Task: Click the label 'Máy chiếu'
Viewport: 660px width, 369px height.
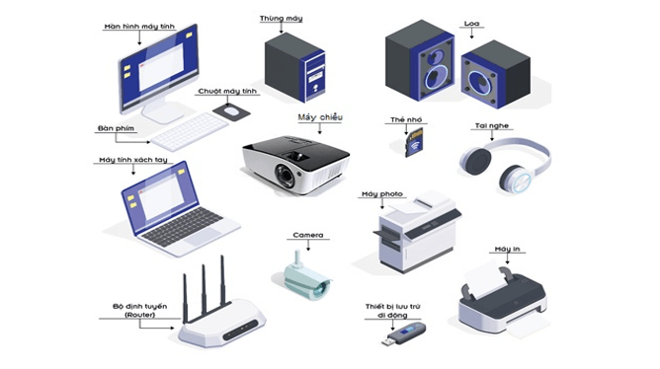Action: [x=318, y=116]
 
